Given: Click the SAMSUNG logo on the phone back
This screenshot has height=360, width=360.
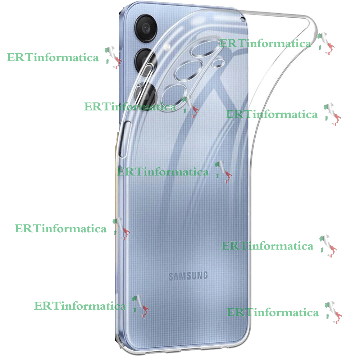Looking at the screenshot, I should click(188, 276).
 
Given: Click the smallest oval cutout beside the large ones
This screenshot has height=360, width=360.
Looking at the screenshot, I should click(218, 64).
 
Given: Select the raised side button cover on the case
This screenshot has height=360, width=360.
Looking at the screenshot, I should click(124, 140).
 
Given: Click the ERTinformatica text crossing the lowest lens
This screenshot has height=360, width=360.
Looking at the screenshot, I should click(129, 106).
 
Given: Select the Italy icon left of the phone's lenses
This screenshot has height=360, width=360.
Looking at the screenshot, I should click(113, 57).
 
